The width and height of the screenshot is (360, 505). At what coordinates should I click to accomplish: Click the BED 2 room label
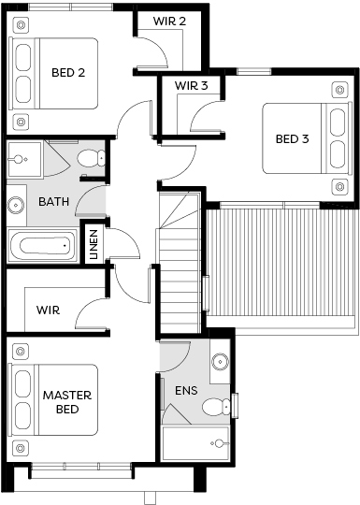click(68, 73)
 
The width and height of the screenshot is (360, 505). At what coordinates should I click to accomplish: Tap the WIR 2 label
click(169, 22)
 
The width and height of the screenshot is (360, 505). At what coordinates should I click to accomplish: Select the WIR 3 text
click(192, 86)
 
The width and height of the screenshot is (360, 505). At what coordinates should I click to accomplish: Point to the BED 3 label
click(292, 138)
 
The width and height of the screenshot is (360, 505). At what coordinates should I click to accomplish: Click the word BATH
click(54, 202)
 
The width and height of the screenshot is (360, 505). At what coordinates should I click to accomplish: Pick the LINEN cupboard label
click(94, 244)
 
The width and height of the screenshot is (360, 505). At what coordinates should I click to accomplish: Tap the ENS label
click(186, 391)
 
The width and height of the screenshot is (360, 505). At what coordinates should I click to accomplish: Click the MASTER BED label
click(67, 402)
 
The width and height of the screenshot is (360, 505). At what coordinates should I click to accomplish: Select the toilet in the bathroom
click(91, 158)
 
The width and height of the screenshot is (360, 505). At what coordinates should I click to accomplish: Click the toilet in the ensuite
click(216, 407)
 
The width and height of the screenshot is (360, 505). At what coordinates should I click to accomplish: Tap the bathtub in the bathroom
click(42, 246)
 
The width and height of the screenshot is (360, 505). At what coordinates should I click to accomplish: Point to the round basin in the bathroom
click(16, 205)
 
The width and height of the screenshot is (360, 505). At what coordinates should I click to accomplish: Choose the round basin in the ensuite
click(221, 361)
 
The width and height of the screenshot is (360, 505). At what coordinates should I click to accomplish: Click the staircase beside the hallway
click(179, 263)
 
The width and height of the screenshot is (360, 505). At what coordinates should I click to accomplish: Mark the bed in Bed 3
click(308, 138)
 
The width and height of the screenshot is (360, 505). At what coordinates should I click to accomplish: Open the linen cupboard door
click(124, 243)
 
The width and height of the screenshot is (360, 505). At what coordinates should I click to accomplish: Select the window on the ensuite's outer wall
click(235, 406)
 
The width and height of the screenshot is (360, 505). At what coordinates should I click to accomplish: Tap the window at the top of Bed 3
click(254, 71)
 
